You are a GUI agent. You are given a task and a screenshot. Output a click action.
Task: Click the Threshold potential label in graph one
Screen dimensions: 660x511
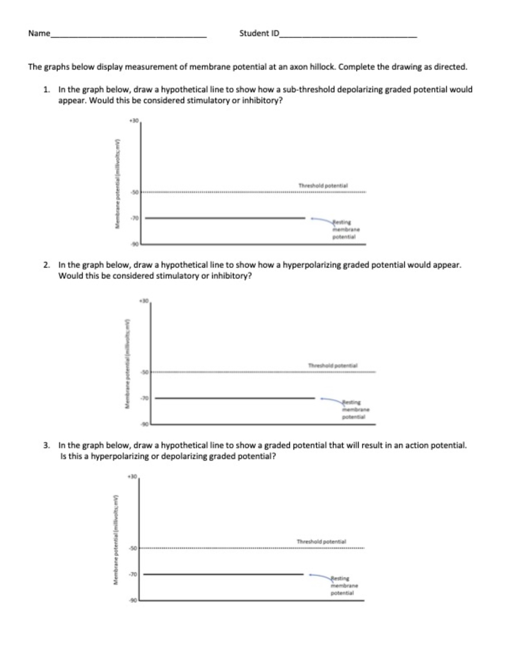tap(323, 185)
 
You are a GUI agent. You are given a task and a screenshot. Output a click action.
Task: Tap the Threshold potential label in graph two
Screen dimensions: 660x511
tap(333, 365)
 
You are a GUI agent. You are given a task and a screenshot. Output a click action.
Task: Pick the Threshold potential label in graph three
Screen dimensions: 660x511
tap(321, 542)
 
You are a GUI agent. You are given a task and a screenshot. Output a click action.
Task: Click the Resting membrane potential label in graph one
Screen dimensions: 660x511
tap(346, 230)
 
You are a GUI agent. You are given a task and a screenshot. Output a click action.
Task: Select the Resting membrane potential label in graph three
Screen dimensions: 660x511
tap(344, 585)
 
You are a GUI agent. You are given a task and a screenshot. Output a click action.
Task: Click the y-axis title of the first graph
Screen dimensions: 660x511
tap(118, 183)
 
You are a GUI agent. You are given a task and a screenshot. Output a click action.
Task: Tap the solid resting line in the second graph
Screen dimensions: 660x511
tap(235, 398)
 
